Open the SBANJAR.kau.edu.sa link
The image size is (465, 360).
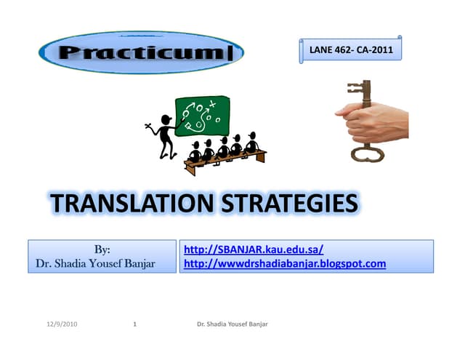pyautogui.click(x=254, y=249)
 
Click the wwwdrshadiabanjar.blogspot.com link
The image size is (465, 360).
pyautogui.click(x=285, y=263)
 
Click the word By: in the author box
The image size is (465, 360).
pyautogui.click(x=102, y=249)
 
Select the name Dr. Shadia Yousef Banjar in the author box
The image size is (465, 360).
pyautogui.click(x=95, y=263)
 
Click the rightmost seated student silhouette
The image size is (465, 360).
pyautogui.click(x=251, y=143)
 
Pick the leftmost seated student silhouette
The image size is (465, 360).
pyautogui.click(x=194, y=151)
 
